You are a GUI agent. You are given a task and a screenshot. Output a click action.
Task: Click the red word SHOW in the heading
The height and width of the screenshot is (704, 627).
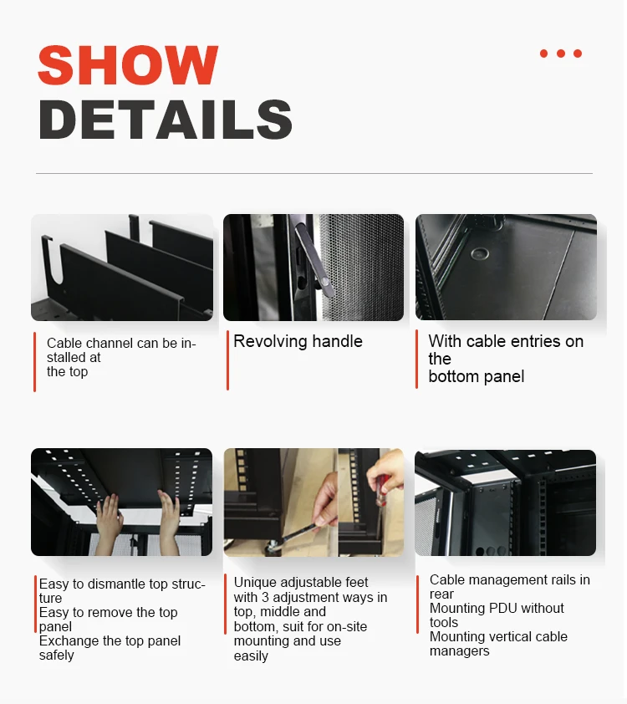point(128,65)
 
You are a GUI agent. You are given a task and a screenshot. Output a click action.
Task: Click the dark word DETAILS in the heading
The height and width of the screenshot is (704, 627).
point(166,120)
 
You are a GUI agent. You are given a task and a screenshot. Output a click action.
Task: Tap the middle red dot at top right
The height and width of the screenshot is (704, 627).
point(560,54)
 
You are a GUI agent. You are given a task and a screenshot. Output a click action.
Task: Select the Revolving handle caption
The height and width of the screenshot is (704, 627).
point(298,341)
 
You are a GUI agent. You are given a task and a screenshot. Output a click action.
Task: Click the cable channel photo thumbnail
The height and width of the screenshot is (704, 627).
point(122,268)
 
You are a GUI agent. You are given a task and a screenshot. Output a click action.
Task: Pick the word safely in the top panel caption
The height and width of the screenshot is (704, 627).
point(57,656)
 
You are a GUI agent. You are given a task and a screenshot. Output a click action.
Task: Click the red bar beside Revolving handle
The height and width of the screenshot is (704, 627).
point(227,360)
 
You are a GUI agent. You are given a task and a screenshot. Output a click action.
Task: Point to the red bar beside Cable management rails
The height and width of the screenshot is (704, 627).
point(417,604)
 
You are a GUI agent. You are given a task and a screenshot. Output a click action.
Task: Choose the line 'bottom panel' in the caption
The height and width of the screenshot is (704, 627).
point(477,376)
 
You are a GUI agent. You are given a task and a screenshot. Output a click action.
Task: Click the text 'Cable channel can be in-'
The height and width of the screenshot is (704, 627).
point(121,343)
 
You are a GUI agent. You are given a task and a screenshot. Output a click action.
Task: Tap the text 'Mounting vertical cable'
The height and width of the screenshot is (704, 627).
point(498,636)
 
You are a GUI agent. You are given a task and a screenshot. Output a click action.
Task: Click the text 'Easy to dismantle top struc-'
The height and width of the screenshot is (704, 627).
point(122,584)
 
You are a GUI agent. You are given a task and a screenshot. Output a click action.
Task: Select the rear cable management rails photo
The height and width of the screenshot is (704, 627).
point(505,503)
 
